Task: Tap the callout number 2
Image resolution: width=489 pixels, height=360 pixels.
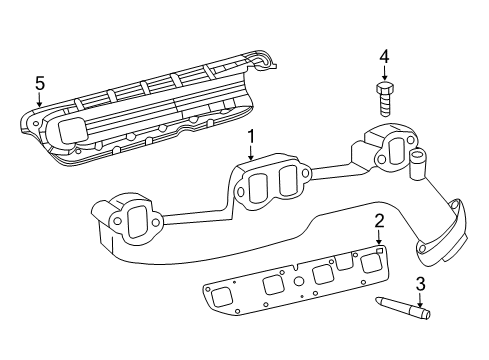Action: [379, 221]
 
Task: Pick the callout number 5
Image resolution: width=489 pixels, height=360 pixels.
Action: [40, 83]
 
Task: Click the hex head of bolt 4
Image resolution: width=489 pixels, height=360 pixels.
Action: [385, 90]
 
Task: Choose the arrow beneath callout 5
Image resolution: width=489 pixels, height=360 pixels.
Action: [40, 102]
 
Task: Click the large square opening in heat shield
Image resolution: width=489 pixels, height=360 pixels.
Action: [73, 129]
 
